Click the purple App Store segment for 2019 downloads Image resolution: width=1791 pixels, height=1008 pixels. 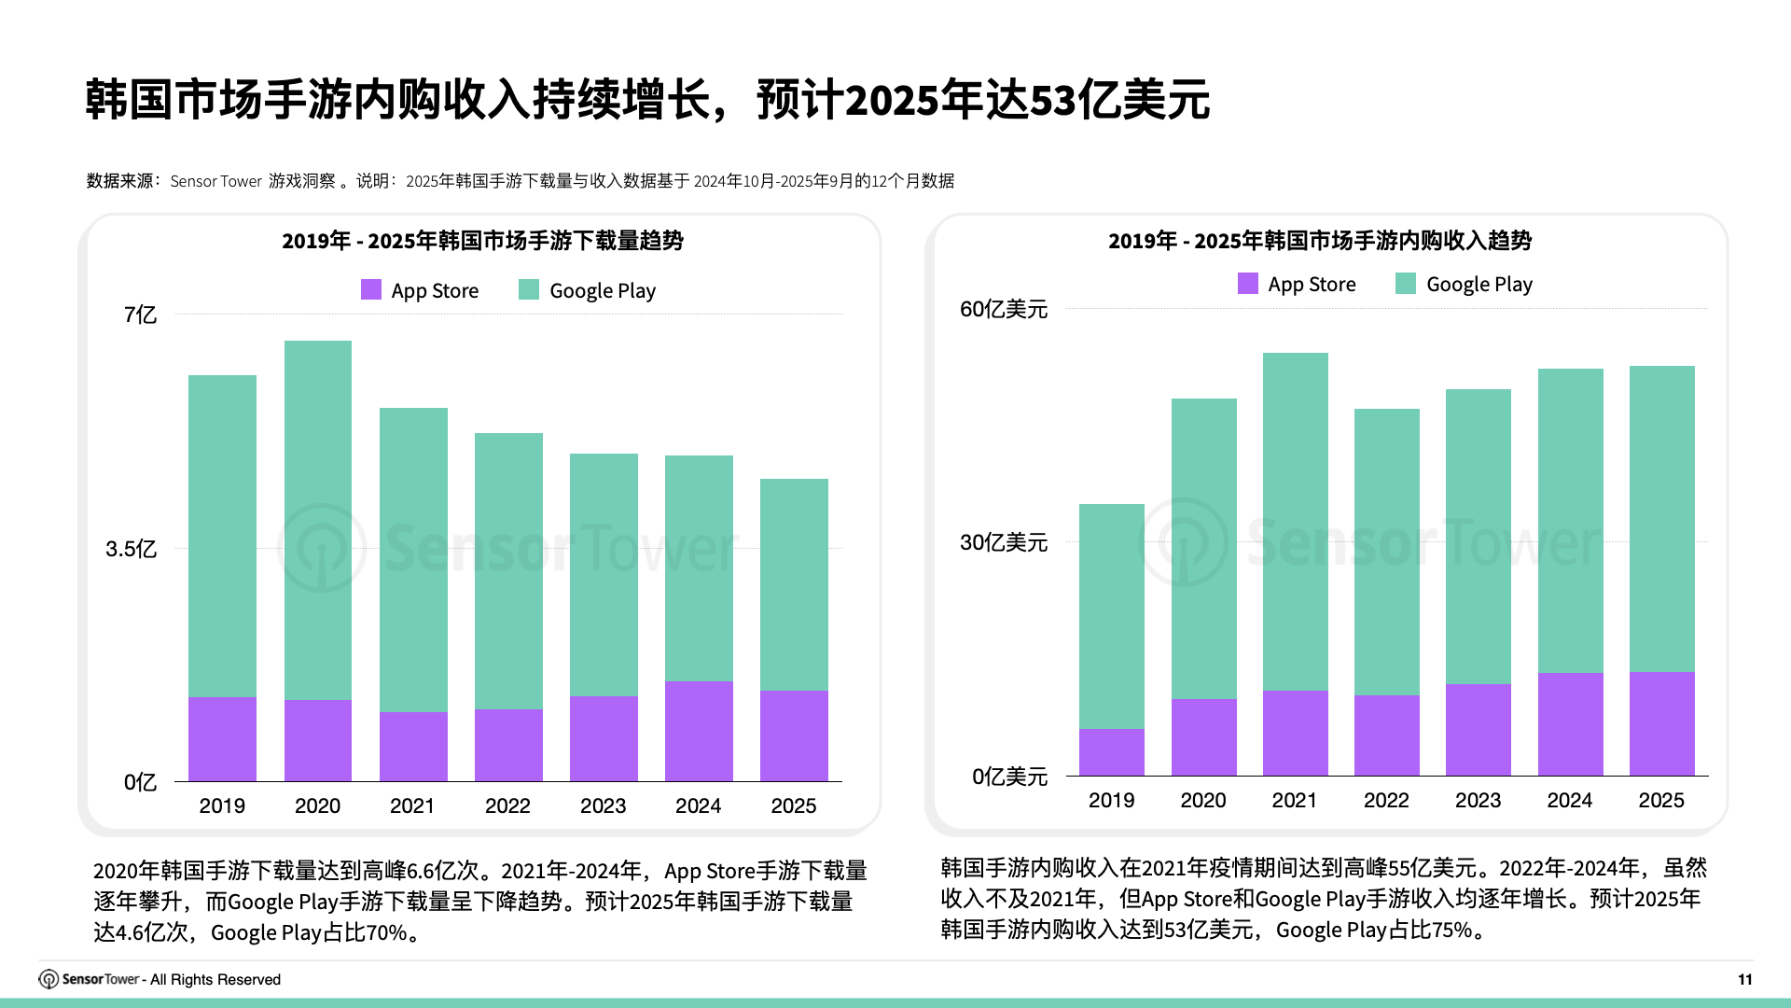pos(222,738)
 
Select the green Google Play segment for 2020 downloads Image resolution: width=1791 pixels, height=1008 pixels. pos(317,520)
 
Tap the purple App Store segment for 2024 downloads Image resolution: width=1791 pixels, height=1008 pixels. pos(699,731)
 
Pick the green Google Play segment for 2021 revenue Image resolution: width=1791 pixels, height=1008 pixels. pos(1295,521)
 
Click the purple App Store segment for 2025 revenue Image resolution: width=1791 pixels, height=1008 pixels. pos(1661,723)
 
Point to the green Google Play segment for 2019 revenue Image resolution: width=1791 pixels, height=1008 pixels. pos(1111,616)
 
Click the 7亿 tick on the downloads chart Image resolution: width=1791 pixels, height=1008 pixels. pos(140,315)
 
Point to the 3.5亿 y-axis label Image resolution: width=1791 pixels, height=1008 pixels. pos(131,549)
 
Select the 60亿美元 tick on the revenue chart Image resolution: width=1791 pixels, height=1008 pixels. pos(1004,309)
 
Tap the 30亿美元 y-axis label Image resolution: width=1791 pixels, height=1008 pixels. pos(1004,542)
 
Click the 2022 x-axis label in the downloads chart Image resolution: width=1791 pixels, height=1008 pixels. pos(507,805)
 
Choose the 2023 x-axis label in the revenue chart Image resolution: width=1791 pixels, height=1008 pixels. pos(1478,800)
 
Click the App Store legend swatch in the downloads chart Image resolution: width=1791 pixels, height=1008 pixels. pos(371,290)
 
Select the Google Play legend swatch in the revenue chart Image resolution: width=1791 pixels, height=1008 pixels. pos(1405,284)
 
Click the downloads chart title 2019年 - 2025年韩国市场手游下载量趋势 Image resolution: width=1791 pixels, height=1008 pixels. pos(482,241)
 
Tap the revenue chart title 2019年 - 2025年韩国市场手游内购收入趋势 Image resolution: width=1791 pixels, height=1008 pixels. pos(1319,241)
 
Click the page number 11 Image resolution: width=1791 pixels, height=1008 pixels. pos(1744,979)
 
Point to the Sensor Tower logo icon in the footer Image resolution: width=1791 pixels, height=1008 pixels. pos(49,979)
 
